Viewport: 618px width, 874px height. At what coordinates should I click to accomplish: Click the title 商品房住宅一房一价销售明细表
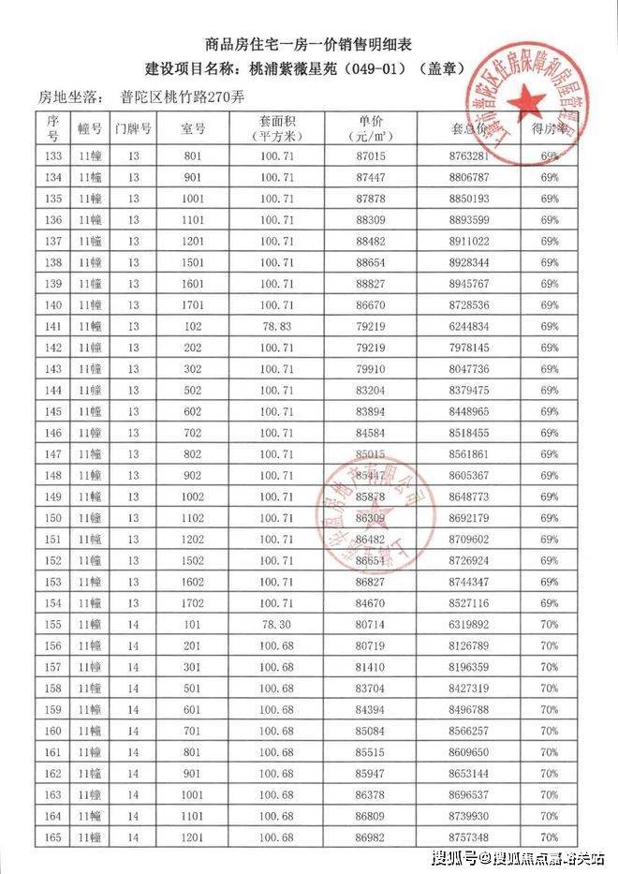coord(308,44)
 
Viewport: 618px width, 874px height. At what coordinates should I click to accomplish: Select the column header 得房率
coord(550,126)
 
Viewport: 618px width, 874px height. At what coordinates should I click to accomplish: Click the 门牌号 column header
coord(133,126)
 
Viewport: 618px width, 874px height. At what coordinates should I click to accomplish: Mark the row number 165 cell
coord(52,837)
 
